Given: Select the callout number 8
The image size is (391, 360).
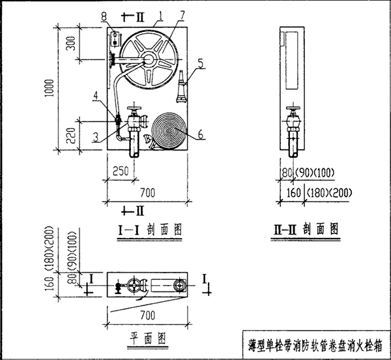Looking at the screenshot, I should pos(111,16).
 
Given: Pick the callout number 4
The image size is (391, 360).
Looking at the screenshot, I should pos(94,96).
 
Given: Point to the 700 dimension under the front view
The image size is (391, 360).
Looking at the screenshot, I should pos(148,192).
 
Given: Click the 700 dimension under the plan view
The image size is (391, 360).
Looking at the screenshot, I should pos(148,315).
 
